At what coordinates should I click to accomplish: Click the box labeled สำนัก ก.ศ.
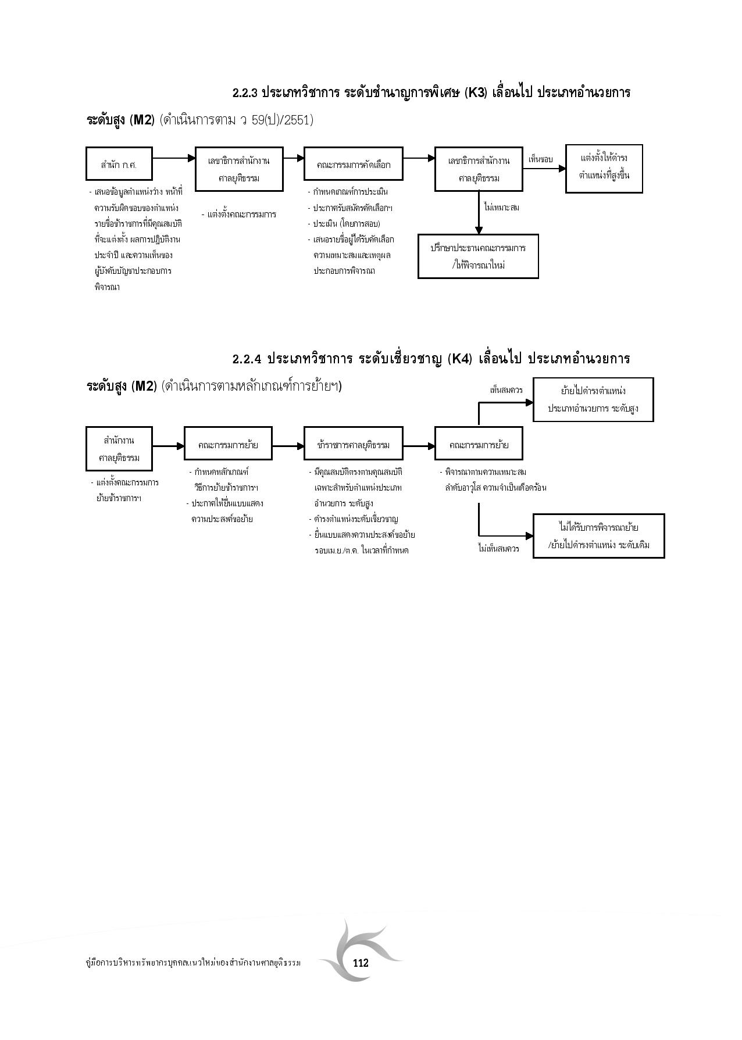pos(119,165)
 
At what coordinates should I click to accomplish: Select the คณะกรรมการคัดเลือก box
pos(354,165)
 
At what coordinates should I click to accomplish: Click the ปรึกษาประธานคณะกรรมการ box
pos(478,256)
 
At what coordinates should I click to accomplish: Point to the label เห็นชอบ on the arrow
pos(540,159)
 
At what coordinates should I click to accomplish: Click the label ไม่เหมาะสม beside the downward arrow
pos(501,207)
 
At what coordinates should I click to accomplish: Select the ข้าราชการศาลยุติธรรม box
pos(354,446)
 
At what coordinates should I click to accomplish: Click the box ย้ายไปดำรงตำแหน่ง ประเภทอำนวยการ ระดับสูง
pos(593,399)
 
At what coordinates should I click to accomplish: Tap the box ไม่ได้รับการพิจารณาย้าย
pos(598,536)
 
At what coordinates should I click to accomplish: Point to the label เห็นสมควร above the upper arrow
pos(506,390)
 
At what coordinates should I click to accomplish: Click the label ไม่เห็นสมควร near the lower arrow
pos(498,548)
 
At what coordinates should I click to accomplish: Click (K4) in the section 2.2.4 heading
pos(461,359)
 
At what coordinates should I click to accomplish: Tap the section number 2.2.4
pos(247,359)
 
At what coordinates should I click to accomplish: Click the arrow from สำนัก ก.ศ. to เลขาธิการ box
pos(173,158)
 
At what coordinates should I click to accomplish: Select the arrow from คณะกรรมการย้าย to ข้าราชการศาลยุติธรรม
pos(288,446)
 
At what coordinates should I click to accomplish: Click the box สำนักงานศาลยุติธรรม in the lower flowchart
pos(119,449)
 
